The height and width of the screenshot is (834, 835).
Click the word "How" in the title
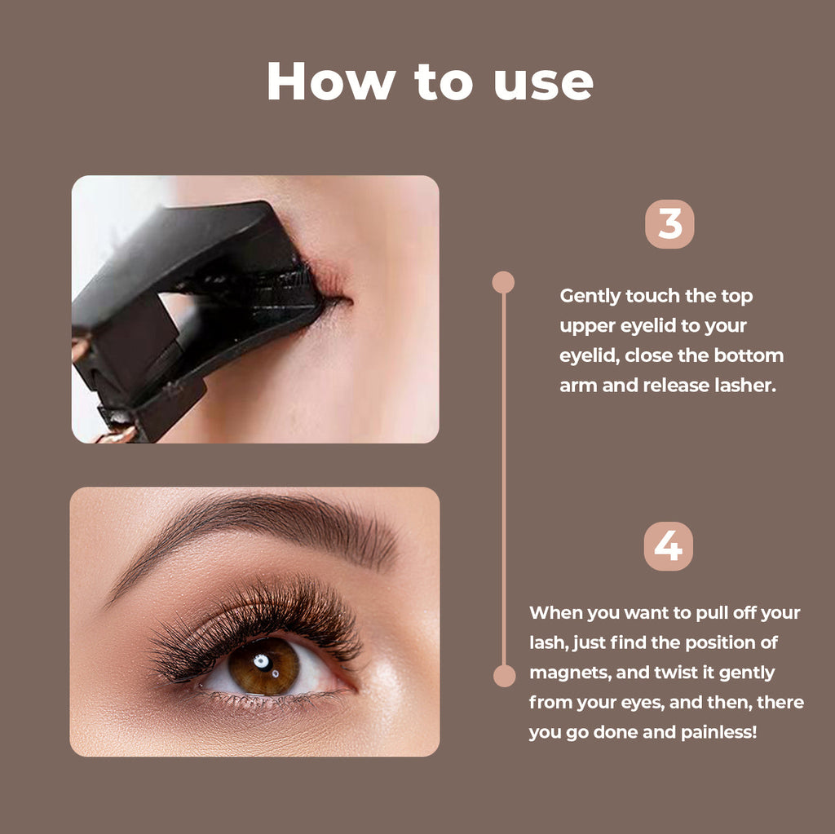tap(330, 82)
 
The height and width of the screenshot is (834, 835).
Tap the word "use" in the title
tap(543, 82)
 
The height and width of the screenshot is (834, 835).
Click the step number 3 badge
tap(669, 224)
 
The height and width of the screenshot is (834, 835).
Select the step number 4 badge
tap(668, 546)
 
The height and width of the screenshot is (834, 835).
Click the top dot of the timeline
tap(503, 282)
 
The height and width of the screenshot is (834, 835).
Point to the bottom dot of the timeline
tap(504, 676)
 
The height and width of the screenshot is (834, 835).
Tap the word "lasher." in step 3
tap(742, 385)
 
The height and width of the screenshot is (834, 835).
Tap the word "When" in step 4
tap(557, 612)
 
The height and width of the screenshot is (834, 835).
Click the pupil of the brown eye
tap(262, 662)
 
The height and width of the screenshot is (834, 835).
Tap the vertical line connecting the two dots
tap(504, 481)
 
